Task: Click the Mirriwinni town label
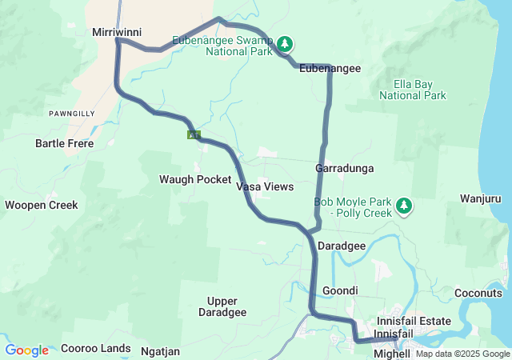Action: [x=117, y=32]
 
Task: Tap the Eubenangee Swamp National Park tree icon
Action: [x=286, y=43]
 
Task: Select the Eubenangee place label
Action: [x=330, y=69]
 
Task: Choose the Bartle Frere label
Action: [x=64, y=144]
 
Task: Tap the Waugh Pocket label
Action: [x=195, y=179]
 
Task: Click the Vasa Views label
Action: [x=265, y=186]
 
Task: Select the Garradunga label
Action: [x=345, y=169]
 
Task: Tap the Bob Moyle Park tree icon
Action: [x=404, y=206]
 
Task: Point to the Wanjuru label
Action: [x=481, y=198]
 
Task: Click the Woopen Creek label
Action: [x=42, y=205]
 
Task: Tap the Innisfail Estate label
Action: [x=414, y=321]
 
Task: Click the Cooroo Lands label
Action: [x=96, y=348]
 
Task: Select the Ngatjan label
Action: [x=160, y=351]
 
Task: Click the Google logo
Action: [x=27, y=350]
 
